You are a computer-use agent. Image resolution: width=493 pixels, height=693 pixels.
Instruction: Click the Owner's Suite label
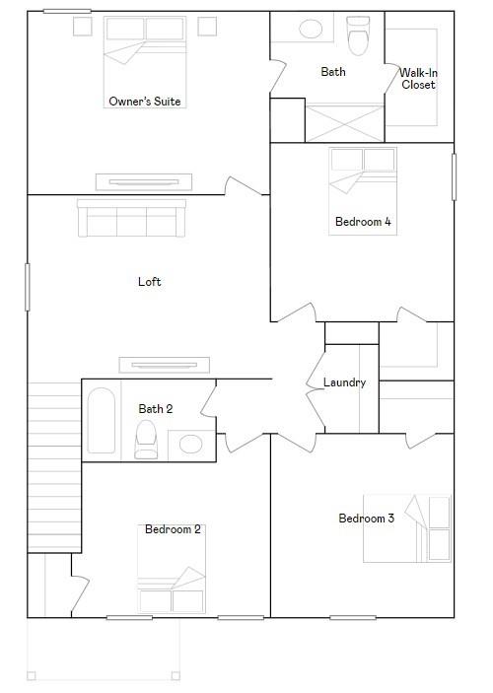tap(145, 102)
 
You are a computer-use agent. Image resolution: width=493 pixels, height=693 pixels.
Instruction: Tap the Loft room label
tap(150, 282)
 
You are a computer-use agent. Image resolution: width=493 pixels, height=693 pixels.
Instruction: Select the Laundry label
tap(344, 382)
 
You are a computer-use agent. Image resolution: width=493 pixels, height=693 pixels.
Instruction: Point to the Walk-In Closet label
tap(418, 78)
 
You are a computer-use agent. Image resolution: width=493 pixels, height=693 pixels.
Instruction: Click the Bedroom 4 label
tap(363, 222)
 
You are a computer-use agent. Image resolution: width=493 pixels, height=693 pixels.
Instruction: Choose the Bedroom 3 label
tap(366, 518)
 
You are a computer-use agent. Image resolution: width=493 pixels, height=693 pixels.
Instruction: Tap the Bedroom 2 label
tap(173, 529)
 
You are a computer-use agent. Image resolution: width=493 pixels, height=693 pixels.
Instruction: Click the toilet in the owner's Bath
tap(358, 36)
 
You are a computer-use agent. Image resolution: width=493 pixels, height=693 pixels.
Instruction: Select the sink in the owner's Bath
tap(311, 30)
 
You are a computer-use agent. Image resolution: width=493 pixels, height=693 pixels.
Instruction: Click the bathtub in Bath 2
tap(102, 420)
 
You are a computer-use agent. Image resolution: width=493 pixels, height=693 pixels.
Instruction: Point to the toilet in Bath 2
tap(146, 440)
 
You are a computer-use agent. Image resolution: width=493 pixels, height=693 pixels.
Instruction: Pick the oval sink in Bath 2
tap(191, 445)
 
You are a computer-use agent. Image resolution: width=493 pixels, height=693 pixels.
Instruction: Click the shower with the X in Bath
tap(345, 123)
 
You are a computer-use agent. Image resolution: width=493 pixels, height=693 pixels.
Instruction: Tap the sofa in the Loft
tap(132, 218)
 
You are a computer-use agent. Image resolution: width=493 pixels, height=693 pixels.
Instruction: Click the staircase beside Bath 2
tap(54, 467)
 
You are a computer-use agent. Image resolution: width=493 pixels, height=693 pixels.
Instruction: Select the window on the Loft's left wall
tap(28, 287)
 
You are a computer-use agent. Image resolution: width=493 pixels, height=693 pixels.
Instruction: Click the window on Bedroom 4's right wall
tap(455, 176)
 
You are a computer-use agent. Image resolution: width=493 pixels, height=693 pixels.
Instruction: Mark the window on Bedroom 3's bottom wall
tap(353, 617)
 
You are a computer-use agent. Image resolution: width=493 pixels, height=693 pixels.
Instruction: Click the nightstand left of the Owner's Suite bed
tap(83, 26)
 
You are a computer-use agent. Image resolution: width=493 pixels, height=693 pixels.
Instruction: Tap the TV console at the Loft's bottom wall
tap(165, 365)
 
